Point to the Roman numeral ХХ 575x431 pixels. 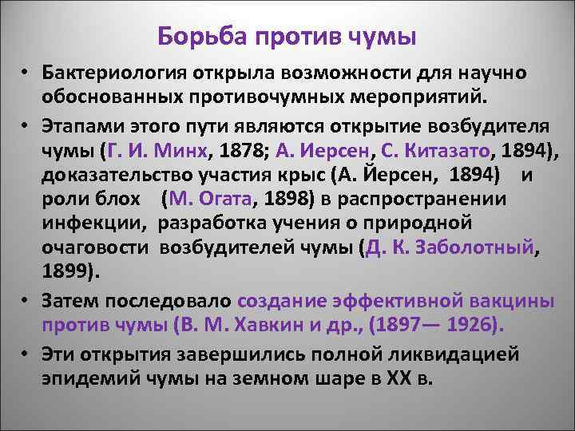(396, 378)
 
